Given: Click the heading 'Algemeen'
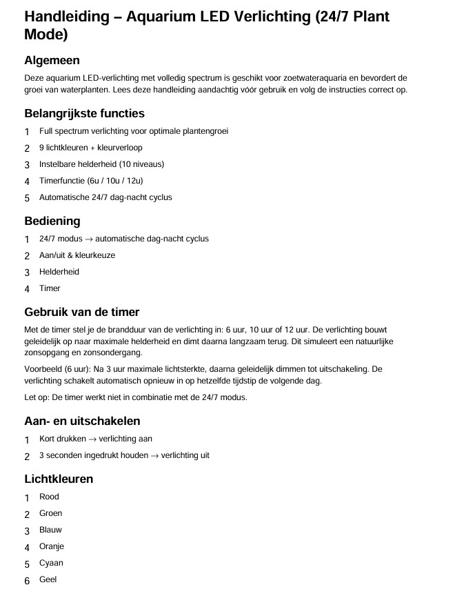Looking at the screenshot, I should click(52, 61).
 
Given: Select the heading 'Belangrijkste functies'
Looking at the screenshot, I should click(84, 113).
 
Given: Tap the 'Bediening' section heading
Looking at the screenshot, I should click(52, 221).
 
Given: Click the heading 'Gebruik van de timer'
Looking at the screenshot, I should click(82, 312).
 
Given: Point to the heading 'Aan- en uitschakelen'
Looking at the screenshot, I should click(83, 421).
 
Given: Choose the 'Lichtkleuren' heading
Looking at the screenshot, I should click(59, 479).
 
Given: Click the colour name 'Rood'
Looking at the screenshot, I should click(49, 497).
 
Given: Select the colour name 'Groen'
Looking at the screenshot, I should click(50, 513).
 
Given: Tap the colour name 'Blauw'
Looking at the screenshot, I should click(50, 530).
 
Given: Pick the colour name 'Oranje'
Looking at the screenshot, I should click(52, 546).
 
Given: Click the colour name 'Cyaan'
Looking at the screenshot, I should click(51, 563).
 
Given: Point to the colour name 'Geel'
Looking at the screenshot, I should click(48, 579).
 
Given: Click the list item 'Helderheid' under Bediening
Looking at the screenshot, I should click(59, 272).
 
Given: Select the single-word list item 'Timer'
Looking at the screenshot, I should click(50, 288).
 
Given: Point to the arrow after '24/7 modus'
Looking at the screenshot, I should click(88, 239).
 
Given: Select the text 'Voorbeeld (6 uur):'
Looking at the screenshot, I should click(57, 369).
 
